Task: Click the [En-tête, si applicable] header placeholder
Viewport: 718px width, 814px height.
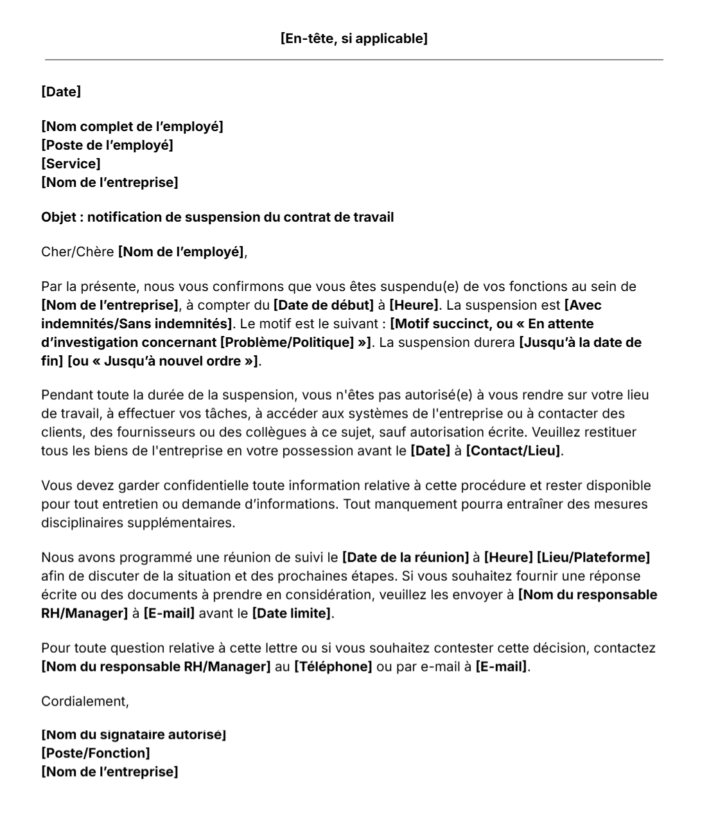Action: click(x=354, y=39)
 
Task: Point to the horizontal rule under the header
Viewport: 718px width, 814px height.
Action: click(x=354, y=60)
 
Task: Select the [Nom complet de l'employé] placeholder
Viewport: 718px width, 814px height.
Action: click(x=132, y=127)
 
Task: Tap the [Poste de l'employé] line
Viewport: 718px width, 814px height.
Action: click(x=107, y=145)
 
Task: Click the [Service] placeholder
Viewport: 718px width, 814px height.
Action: click(x=71, y=164)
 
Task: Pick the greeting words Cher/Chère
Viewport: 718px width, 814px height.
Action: click(x=77, y=252)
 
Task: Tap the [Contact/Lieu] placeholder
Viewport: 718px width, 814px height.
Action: click(x=513, y=451)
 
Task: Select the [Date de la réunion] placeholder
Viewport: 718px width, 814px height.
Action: click(x=405, y=558)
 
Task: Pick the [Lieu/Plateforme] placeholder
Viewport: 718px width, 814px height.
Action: click(x=593, y=558)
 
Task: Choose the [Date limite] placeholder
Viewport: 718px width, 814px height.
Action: click(x=292, y=614)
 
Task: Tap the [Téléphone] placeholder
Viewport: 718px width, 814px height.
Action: click(x=333, y=667)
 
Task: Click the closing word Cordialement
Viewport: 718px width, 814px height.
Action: click(x=84, y=702)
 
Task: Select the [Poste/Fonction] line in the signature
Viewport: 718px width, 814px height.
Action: click(x=96, y=753)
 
